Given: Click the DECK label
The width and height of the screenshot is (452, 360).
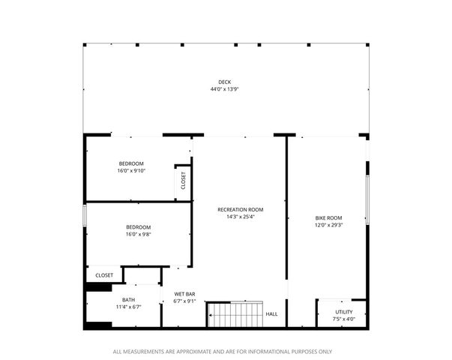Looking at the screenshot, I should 224,82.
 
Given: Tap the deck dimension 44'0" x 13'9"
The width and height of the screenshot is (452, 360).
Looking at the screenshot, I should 224,89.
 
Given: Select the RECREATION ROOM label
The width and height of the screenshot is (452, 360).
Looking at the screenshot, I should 241,209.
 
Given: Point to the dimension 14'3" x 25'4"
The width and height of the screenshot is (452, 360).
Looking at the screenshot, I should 241,217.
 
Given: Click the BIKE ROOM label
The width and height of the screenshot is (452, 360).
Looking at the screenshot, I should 328,217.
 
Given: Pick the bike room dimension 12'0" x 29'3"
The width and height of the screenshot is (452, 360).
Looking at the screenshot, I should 328,225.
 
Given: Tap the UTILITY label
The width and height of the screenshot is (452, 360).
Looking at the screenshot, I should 344,311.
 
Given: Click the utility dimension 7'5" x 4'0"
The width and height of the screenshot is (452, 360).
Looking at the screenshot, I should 344,319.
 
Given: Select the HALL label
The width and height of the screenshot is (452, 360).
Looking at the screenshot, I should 271,313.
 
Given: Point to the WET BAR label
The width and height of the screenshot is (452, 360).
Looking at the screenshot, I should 184,293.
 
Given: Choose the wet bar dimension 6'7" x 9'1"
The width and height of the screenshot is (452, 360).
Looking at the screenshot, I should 184,301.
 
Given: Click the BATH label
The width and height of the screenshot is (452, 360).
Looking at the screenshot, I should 129,299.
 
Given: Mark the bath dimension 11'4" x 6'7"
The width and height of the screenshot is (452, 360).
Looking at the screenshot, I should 129,307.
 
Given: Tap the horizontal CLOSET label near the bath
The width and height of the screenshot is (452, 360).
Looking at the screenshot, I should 104,275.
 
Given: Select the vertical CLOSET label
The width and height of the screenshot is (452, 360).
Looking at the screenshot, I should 183,181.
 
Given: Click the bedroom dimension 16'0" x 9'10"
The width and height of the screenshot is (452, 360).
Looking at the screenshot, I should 131,171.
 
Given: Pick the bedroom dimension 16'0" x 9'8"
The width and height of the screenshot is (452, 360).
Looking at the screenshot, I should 138,235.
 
